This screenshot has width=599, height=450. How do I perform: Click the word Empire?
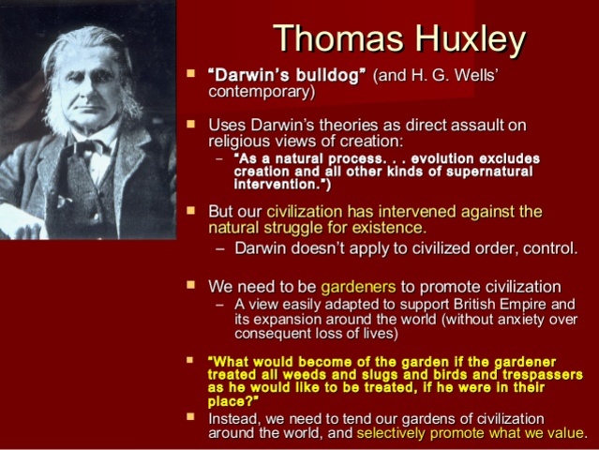pyautogui.click(x=506, y=304)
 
